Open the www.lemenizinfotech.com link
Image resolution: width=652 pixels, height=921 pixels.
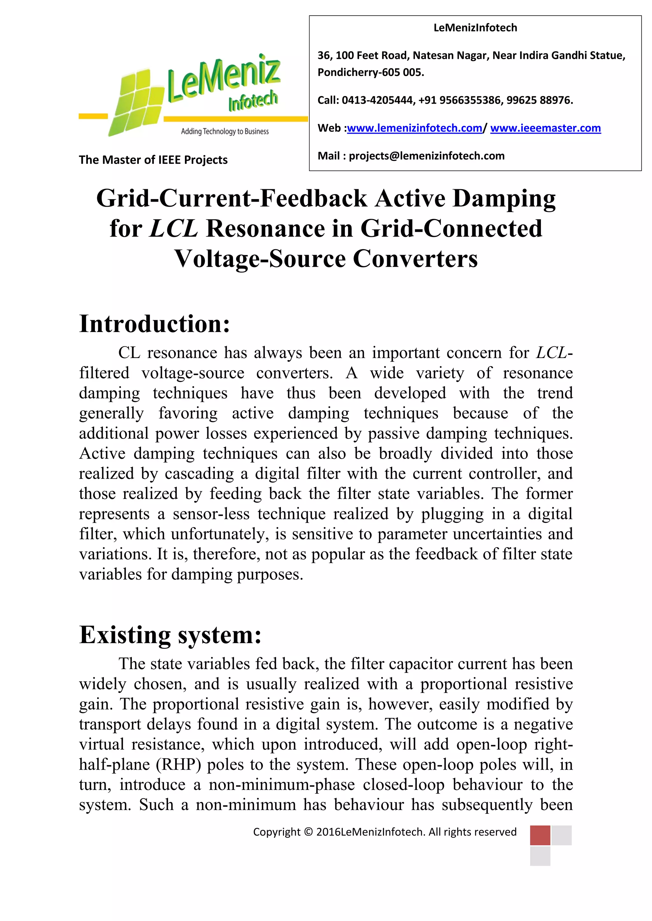pos(414,128)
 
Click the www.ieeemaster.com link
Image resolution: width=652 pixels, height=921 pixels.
pos(545,128)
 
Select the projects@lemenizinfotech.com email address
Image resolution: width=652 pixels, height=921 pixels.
pos(426,156)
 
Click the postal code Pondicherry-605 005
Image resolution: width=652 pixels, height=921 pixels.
pos(370,73)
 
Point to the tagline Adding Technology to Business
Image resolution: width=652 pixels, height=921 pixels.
pos(224,132)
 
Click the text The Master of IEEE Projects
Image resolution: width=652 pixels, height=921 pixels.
pos(153,160)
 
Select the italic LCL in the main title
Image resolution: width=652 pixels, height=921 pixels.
pos(174,229)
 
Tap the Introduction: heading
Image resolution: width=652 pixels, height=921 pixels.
pos(155,324)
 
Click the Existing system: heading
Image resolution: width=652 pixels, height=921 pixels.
pos(170,635)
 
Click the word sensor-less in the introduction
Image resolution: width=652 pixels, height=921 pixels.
pos(211,514)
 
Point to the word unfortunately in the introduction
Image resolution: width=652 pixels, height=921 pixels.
pos(217,534)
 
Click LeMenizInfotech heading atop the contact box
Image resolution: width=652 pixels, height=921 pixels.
pos(475,28)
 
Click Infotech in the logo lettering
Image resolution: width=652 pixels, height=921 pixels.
pos(253,100)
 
